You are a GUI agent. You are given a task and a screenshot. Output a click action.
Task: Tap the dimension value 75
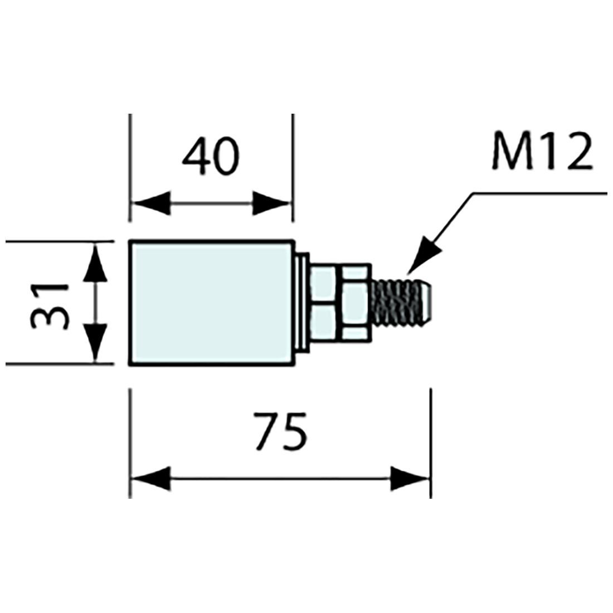point(280,432)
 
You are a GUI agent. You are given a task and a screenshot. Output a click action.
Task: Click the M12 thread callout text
point(542,152)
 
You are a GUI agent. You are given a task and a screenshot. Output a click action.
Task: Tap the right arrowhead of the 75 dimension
point(410,479)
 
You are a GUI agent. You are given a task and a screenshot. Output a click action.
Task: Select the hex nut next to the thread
point(355,303)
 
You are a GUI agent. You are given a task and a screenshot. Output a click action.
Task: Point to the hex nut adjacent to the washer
point(323,303)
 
